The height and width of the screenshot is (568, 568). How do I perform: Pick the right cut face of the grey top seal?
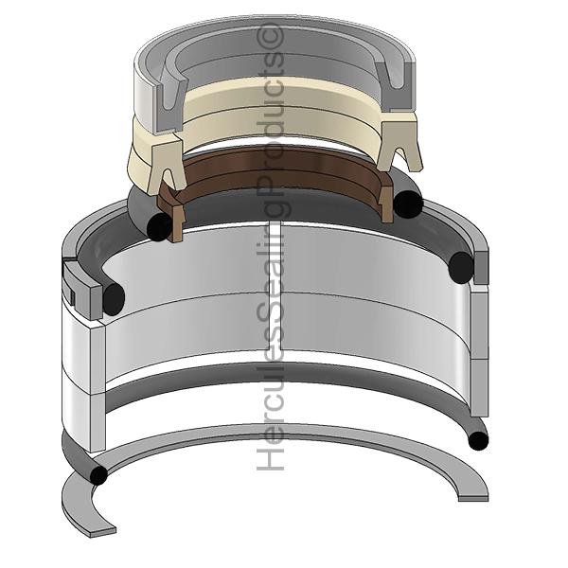[x=395, y=86]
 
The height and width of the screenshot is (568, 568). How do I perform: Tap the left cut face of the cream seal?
[x=166, y=166]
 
